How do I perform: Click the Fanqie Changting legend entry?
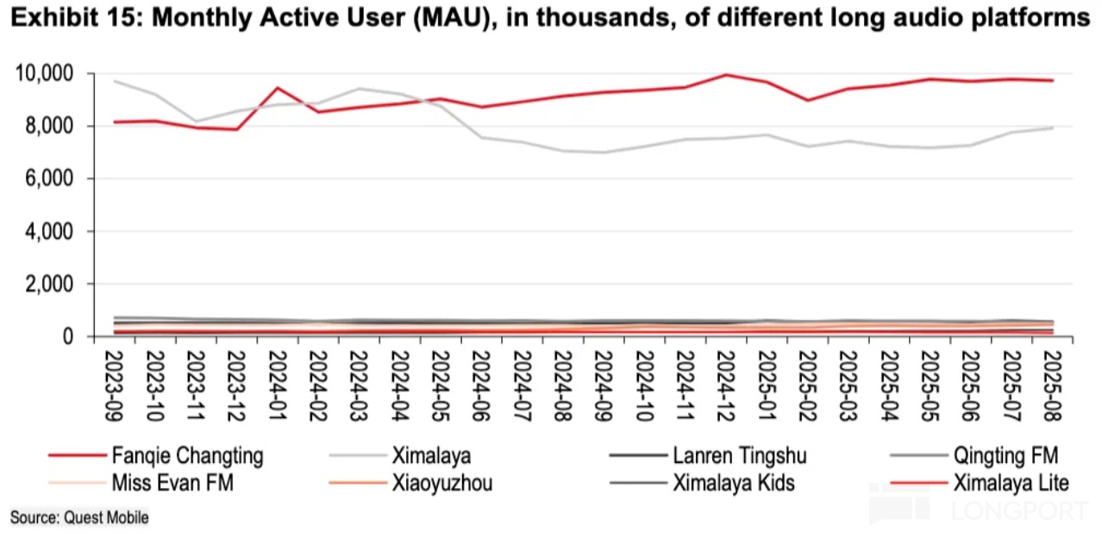pyautogui.click(x=187, y=455)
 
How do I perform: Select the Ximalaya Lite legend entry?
pyautogui.click(x=1011, y=483)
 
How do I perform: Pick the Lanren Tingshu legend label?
pyautogui.click(x=739, y=455)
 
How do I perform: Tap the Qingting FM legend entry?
pyautogui.click(x=1005, y=455)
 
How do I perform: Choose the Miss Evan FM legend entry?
pyautogui.click(x=172, y=483)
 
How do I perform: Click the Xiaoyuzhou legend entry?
pyautogui.click(x=441, y=483)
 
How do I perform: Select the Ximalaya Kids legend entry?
pyautogui.click(x=734, y=483)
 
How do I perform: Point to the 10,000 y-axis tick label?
pyautogui.click(x=44, y=74)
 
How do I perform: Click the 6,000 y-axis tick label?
pyautogui.click(x=48, y=179)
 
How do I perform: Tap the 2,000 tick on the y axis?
pyautogui.click(x=48, y=285)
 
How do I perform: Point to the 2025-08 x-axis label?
pyautogui.click(x=1052, y=385)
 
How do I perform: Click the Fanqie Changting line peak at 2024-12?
pyautogui.click(x=726, y=75)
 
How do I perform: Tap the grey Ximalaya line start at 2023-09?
pyautogui.click(x=116, y=81)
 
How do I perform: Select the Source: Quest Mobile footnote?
pyautogui.click(x=79, y=517)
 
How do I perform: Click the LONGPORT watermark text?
pyautogui.click(x=1019, y=510)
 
